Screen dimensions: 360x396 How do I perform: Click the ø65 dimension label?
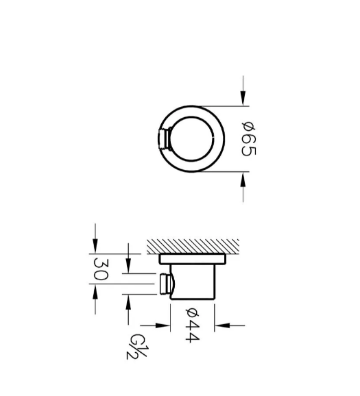pyautogui.click(x=249, y=138)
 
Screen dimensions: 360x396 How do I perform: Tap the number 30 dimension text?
pyautogui.click(x=101, y=269)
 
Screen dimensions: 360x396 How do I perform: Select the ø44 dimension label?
pyautogui.click(x=193, y=325)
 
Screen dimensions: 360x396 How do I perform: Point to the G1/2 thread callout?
pyautogui.click(x=136, y=347)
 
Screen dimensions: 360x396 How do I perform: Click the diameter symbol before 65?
pyautogui.click(x=249, y=125)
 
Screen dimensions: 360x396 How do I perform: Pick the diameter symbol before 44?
pyautogui.click(x=193, y=312)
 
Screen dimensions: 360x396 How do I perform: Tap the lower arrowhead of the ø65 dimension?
pyautogui.click(x=243, y=180)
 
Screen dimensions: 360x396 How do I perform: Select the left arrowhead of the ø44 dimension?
pyautogui.click(x=163, y=325)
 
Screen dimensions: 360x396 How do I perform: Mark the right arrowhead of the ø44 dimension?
pyautogui.click(x=222, y=325)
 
